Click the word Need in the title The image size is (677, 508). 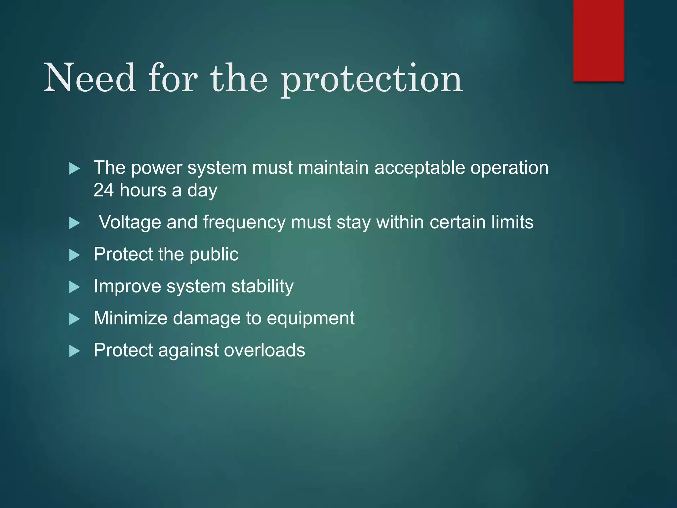click(90, 78)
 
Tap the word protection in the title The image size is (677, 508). click(372, 79)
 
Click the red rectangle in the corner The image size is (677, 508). click(598, 40)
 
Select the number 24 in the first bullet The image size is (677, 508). click(103, 190)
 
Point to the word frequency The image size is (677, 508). click(244, 223)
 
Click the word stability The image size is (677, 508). click(262, 286)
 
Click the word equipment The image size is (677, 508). click(310, 318)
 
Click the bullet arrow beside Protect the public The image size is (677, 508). click(75, 255)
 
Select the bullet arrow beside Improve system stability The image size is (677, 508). click(75, 287)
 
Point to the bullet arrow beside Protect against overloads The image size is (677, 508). click(75, 351)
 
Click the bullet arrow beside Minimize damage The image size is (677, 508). click(75, 319)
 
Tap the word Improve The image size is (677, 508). click(127, 286)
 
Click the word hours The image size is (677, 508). click(143, 190)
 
